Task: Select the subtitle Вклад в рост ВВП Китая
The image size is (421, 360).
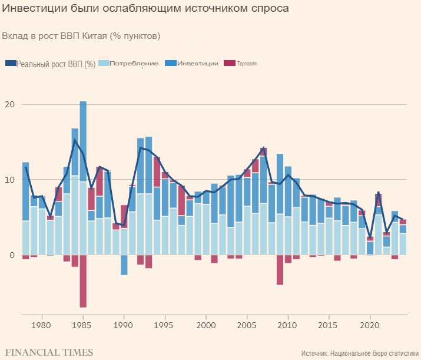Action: [81, 36]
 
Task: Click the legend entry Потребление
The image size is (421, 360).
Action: [134, 64]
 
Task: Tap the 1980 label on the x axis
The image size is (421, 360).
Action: [41, 325]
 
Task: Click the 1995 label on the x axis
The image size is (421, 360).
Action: [165, 325]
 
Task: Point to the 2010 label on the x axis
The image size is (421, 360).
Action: [288, 325]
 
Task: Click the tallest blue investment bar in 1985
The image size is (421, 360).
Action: [83, 141]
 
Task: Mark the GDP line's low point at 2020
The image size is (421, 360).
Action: [370, 239]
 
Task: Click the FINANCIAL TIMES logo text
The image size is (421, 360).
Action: [49, 352]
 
